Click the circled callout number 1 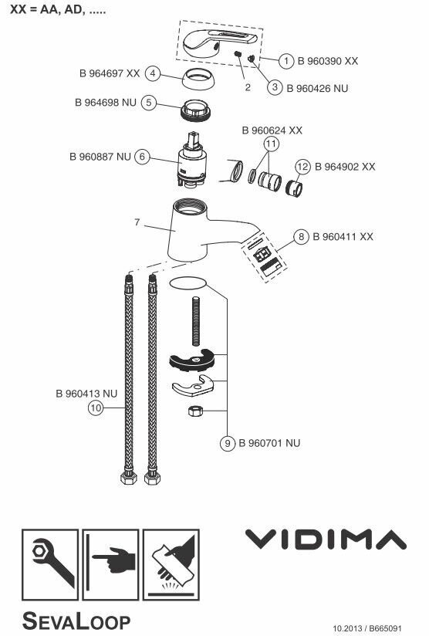[x=286, y=61]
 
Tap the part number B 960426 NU [x=317, y=88]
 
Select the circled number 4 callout [x=153, y=73]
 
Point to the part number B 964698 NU [x=106, y=102]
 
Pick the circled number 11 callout [x=272, y=144]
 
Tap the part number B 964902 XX [x=345, y=166]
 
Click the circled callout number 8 [x=301, y=236]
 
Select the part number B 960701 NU [x=269, y=443]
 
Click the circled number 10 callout [x=96, y=408]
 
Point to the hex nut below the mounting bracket [x=195, y=411]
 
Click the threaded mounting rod [x=196, y=321]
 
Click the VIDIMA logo [x=326, y=539]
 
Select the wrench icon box [x=50, y=565]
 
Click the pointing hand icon [x=110, y=565]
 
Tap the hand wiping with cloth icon [x=171, y=565]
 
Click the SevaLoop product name [x=76, y=621]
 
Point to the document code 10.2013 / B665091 [x=367, y=628]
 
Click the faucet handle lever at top [x=217, y=43]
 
